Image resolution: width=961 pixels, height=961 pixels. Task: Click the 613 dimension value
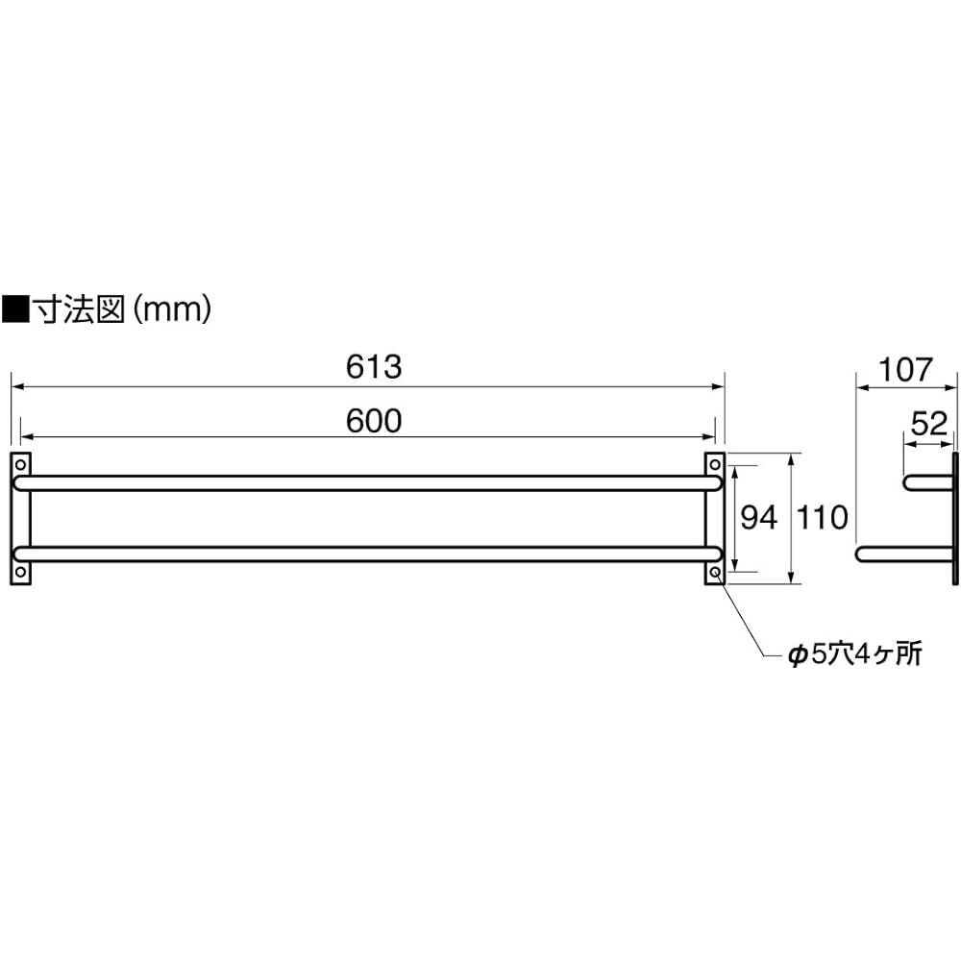(x=373, y=367)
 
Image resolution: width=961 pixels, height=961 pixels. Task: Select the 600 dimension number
(x=373, y=421)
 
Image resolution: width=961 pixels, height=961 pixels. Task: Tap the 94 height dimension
(x=759, y=518)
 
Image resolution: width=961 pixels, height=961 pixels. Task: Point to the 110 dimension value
(x=822, y=518)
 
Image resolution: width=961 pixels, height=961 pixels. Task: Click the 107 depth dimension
(x=905, y=370)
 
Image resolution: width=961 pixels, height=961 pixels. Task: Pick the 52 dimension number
(x=929, y=424)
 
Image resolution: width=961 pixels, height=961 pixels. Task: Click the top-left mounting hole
(x=20, y=464)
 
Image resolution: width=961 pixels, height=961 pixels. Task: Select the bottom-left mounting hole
(x=20, y=573)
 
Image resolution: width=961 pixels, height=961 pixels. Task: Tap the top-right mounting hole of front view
(x=715, y=464)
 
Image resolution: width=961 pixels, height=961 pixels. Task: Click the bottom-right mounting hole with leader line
(x=715, y=573)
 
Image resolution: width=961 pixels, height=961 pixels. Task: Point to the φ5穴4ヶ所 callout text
(x=855, y=654)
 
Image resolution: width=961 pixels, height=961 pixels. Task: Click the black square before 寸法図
(x=15, y=309)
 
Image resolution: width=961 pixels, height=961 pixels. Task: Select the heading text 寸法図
(x=79, y=309)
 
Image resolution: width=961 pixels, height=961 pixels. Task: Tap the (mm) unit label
(x=172, y=309)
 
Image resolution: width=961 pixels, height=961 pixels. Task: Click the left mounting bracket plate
(x=20, y=519)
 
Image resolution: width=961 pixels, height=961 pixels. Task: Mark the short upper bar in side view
(x=928, y=482)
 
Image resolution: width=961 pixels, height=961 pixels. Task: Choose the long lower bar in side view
(x=904, y=554)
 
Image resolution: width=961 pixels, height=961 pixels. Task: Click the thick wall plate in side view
(x=955, y=519)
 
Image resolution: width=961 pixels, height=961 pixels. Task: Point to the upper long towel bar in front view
(x=368, y=482)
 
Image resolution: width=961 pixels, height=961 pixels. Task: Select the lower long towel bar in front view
(x=368, y=554)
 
